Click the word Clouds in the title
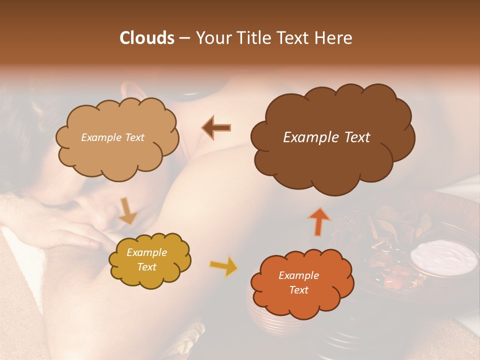[147, 38]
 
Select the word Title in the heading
[255, 38]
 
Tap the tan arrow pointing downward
[128, 211]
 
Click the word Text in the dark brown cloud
[354, 137]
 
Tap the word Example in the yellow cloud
[147, 252]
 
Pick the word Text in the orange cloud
[298, 290]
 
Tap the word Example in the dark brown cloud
[308, 137]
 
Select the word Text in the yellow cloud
[147, 267]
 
